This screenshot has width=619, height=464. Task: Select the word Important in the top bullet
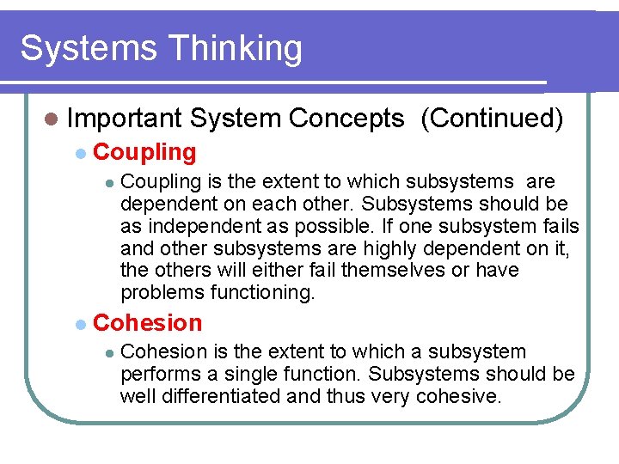[x=125, y=119]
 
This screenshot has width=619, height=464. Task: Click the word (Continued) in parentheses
[x=492, y=119]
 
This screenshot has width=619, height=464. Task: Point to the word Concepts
[x=346, y=119]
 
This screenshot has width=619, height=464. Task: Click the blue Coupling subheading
[x=144, y=152]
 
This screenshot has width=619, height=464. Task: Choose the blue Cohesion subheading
[x=147, y=323]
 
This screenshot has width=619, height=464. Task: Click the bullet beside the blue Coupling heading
[x=80, y=153]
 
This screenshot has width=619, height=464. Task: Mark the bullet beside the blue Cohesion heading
[x=80, y=324]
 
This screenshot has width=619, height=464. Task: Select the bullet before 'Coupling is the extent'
[x=108, y=183]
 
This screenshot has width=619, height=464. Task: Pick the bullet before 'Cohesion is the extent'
[x=108, y=352]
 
